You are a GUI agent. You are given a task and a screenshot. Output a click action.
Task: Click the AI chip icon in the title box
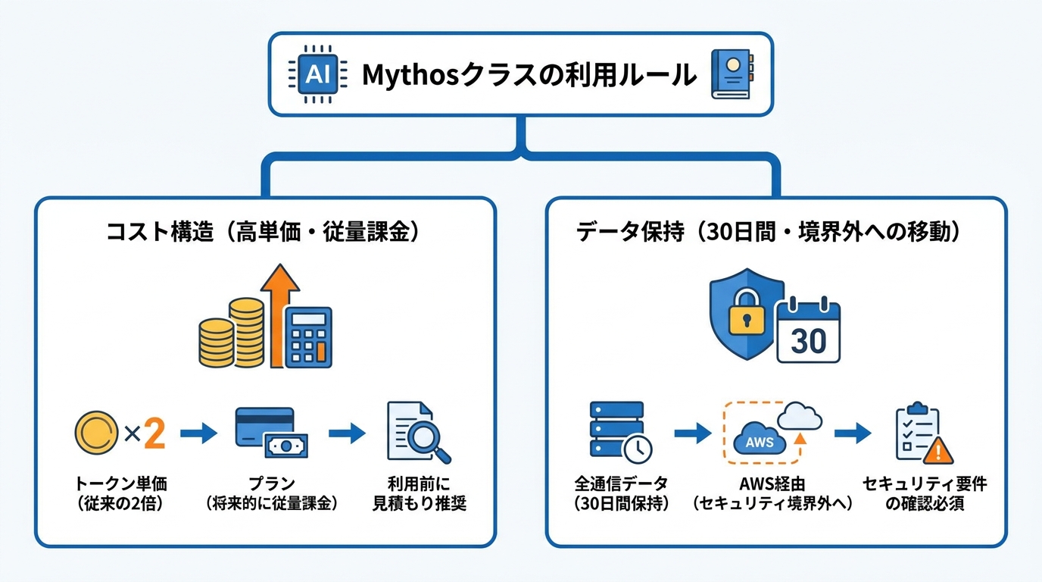coord(318,74)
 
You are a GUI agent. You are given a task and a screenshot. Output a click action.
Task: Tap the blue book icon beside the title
coord(732,74)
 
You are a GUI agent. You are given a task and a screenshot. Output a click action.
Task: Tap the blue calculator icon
coord(308,337)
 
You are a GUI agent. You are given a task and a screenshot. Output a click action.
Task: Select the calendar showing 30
coord(809,330)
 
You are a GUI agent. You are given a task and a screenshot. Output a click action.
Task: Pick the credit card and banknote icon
coord(272,433)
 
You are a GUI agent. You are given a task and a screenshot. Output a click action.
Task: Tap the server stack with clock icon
coord(620,432)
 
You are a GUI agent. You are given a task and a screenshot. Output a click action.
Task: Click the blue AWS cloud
coord(760,439)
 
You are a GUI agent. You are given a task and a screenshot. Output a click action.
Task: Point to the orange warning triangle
coord(937,451)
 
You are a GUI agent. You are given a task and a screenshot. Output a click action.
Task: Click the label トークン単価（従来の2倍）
coord(121,493)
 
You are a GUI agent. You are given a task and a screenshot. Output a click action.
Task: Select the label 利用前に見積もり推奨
coord(419,493)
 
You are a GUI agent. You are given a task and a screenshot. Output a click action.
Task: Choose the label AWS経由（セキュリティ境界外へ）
coord(772,493)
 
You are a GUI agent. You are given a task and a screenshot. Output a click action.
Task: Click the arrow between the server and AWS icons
coord(693,433)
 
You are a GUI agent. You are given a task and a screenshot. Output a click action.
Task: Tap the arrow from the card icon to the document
coord(347,433)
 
